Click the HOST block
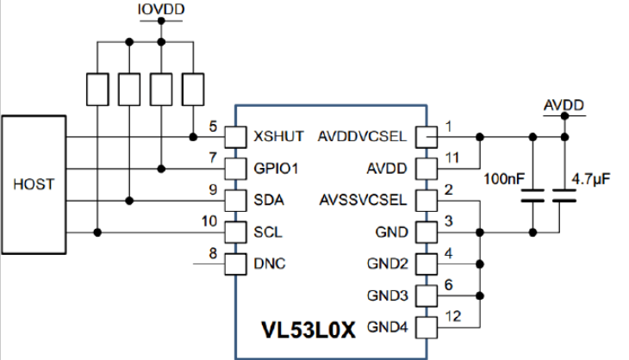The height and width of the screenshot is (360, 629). (x=34, y=185)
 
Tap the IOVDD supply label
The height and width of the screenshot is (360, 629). (x=161, y=9)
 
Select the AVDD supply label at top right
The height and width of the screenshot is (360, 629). (x=564, y=105)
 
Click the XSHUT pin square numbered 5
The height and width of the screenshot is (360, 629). (x=235, y=137)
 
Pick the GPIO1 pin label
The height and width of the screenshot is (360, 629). (x=276, y=169)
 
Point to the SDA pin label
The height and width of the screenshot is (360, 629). (x=269, y=200)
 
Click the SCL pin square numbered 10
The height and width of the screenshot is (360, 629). (x=235, y=233)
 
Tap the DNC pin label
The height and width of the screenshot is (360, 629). (x=270, y=264)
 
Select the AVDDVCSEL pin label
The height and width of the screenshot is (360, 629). (x=362, y=136)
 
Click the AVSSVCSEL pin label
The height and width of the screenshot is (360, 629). (x=363, y=200)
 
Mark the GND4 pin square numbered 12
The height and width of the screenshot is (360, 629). (x=427, y=327)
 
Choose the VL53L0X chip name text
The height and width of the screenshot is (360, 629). (x=308, y=330)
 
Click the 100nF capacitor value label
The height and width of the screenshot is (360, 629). (x=504, y=179)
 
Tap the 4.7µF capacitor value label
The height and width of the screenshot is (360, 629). (x=591, y=179)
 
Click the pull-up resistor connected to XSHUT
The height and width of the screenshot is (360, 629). (x=193, y=90)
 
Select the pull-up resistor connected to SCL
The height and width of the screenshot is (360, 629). (x=97, y=90)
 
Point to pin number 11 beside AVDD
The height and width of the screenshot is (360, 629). (x=452, y=158)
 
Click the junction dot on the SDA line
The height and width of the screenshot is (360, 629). (x=129, y=201)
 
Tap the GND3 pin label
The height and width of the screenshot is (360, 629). (x=388, y=295)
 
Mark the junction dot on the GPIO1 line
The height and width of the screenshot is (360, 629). (x=161, y=169)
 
